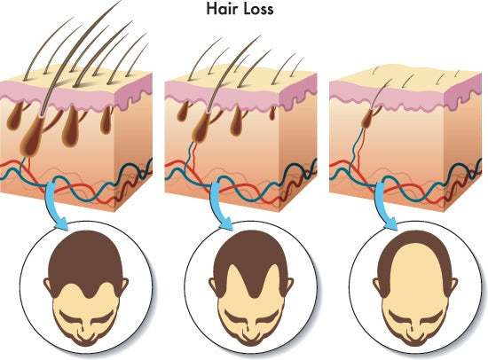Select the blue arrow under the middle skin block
(x=220, y=206)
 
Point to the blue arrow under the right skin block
(x=385, y=206)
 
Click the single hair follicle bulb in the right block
(x=368, y=119)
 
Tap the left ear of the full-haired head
(x=47, y=286)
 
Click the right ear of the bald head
(x=453, y=286)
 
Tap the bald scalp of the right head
(x=415, y=274)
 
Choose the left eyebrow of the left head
(x=71, y=318)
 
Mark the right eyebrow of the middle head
(x=265, y=318)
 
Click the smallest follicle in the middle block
(x=272, y=113)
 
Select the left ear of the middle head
(x=213, y=286)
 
